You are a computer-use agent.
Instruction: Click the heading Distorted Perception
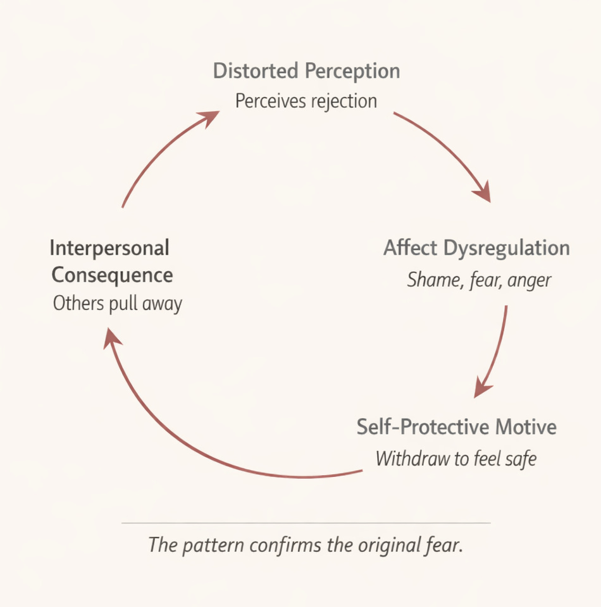306,71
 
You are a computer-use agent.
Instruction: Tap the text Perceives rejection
306,100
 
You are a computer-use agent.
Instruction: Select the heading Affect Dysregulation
476,248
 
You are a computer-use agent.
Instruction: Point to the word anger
530,280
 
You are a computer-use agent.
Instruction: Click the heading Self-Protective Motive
456,427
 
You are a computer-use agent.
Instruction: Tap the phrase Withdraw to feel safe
455,458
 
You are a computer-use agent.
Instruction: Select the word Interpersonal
109,248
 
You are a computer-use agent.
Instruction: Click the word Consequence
112,275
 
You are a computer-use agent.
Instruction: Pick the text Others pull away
118,304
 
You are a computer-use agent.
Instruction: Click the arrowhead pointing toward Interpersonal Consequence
113,340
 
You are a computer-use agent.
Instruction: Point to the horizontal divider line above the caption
306,523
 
